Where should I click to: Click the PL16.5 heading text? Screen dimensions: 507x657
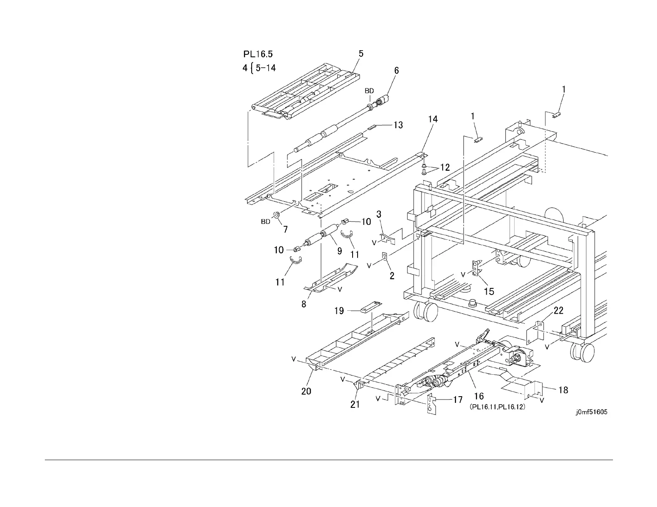(x=258, y=54)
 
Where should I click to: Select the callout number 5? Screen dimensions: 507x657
(x=361, y=54)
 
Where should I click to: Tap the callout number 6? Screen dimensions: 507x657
(x=396, y=71)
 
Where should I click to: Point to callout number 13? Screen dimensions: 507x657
(x=398, y=125)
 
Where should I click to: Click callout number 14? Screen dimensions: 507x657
(x=433, y=119)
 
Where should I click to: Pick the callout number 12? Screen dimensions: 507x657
(x=445, y=168)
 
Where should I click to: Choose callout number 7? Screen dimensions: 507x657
(x=285, y=229)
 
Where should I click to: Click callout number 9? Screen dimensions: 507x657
(x=339, y=251)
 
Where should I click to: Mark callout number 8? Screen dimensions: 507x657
(x=304, y=304)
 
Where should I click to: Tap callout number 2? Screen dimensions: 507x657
(x=392, y=275)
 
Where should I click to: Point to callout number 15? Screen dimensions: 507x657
(x=489, y=291)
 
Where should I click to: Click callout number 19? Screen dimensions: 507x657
(x=339, y=310)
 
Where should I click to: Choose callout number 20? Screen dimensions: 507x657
(x=306, y=391)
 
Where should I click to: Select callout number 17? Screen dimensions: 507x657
(x=458, y=400)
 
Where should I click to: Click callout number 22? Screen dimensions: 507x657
(x=559, y=310)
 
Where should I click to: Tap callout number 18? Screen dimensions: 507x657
(x=563, y=390)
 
